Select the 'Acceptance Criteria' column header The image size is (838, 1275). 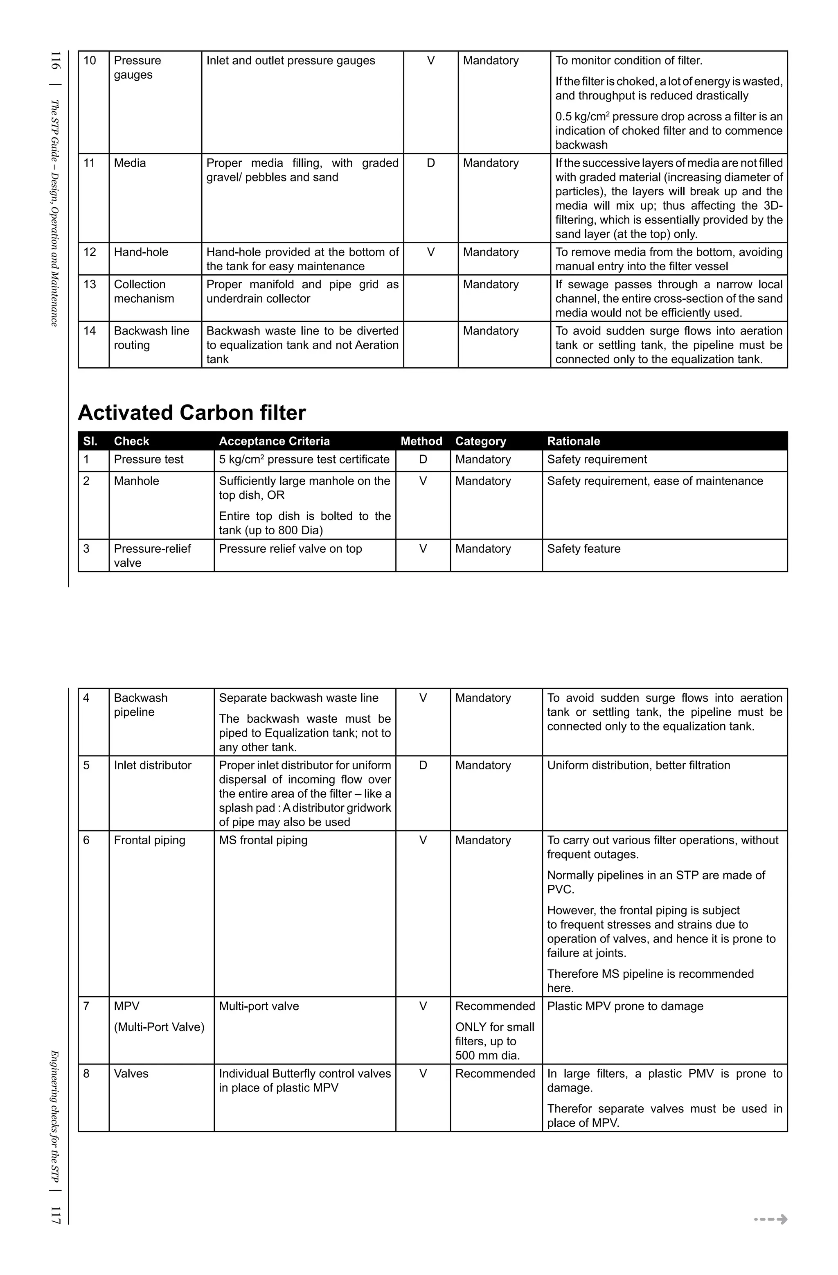click(x=274, y=441)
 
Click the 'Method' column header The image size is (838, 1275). click(x=421, y=441)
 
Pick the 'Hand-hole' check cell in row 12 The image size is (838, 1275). click(x=141, y=252)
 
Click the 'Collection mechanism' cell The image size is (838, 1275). click(x=144, y=292)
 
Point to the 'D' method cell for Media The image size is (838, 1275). click(x=430, y=163)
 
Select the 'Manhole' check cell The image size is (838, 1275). click(x=137, y=481)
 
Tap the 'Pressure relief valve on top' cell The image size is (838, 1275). click(x=290, y=549)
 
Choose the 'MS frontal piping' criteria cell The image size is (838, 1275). click(x=263, y=841)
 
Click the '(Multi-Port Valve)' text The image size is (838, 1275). click(x=159, y=1028)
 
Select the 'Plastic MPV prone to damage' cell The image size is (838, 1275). click(x=625, y=1006)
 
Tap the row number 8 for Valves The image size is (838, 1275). click(x=86, y=1074)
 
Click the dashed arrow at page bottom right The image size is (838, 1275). click(x=770, y=1220)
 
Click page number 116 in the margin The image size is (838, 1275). click(x=55, y=60)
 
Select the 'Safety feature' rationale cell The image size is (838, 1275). click(x=583, y=549)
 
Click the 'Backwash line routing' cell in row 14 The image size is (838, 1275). click(x=151, y=338)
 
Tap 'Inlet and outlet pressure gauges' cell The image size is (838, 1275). click(x=291, y=61)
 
